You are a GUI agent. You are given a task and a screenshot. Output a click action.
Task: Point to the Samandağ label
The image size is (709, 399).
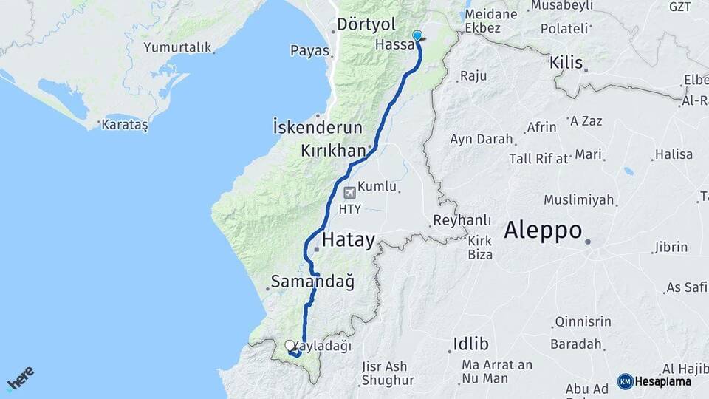[x=312, y=282]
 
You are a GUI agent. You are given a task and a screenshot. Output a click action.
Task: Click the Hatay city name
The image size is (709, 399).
[x=349, y=239]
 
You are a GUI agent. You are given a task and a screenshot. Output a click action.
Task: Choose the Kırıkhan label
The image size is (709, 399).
[x=333, y=151]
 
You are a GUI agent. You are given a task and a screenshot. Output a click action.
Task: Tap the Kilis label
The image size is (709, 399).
[x=566, y=63]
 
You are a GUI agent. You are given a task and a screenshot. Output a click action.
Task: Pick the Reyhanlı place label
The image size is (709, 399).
[x=462, y=220]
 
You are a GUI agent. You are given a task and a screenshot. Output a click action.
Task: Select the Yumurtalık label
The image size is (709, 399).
[x=177, y=47]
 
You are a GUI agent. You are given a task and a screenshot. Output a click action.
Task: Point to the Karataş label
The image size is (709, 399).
[x=126, y=125]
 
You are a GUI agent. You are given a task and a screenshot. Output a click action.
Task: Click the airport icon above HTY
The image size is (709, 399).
[x=349, y=193]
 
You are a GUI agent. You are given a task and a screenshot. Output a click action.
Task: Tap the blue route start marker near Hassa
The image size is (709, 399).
[x=417, y=35]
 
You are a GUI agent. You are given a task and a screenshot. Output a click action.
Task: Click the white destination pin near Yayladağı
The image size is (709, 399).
[x=290, y=345]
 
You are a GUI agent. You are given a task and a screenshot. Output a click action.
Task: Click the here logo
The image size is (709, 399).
[x=20, y=379]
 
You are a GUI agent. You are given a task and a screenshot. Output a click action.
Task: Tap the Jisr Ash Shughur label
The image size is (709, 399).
[x=383, y=372]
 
